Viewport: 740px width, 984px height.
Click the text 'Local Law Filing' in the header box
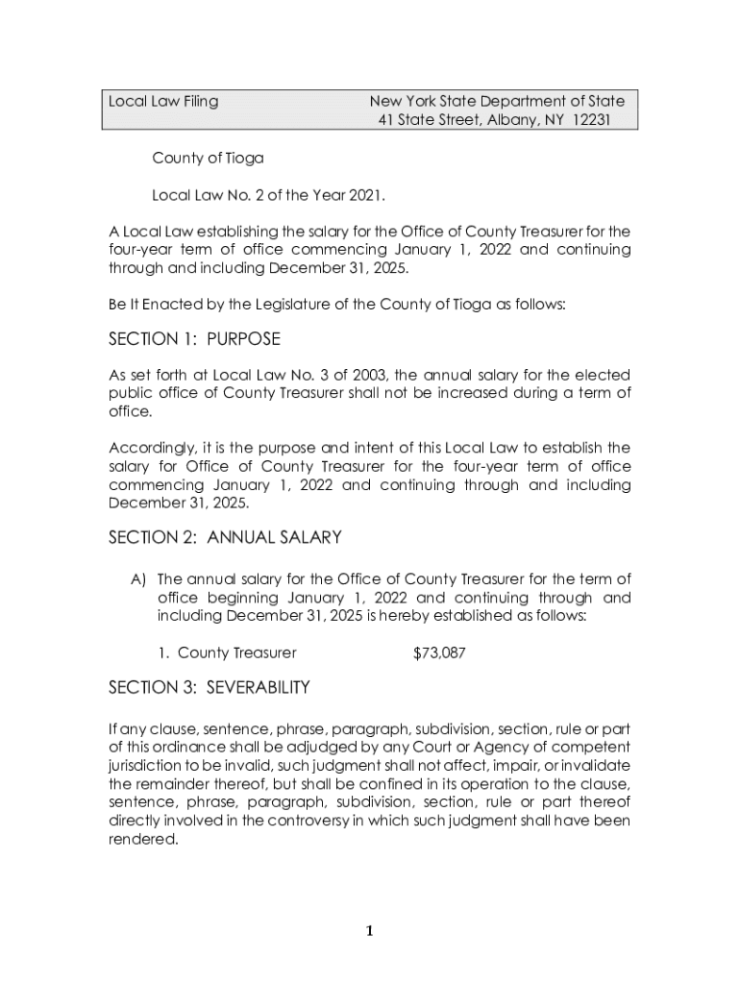[x=163, y=101]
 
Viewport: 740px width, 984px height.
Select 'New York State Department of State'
[x=497, y=101]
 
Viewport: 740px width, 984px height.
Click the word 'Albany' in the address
[x=512, y=120]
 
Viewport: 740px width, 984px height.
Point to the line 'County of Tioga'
[x=208, y=158]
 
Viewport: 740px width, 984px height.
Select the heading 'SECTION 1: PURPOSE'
[x=194, y=339]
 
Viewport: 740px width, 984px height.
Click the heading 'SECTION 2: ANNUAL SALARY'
[x=225, y=537]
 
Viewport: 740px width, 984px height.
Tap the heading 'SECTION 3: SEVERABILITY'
[x=209, y=687]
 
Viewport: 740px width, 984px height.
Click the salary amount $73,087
[x=439, y=653]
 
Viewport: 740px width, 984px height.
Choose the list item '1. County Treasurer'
[x=227, y=653]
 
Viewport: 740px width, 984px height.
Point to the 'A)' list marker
[x=138, y=578]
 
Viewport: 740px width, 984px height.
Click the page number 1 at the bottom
[x=369, y=930]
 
